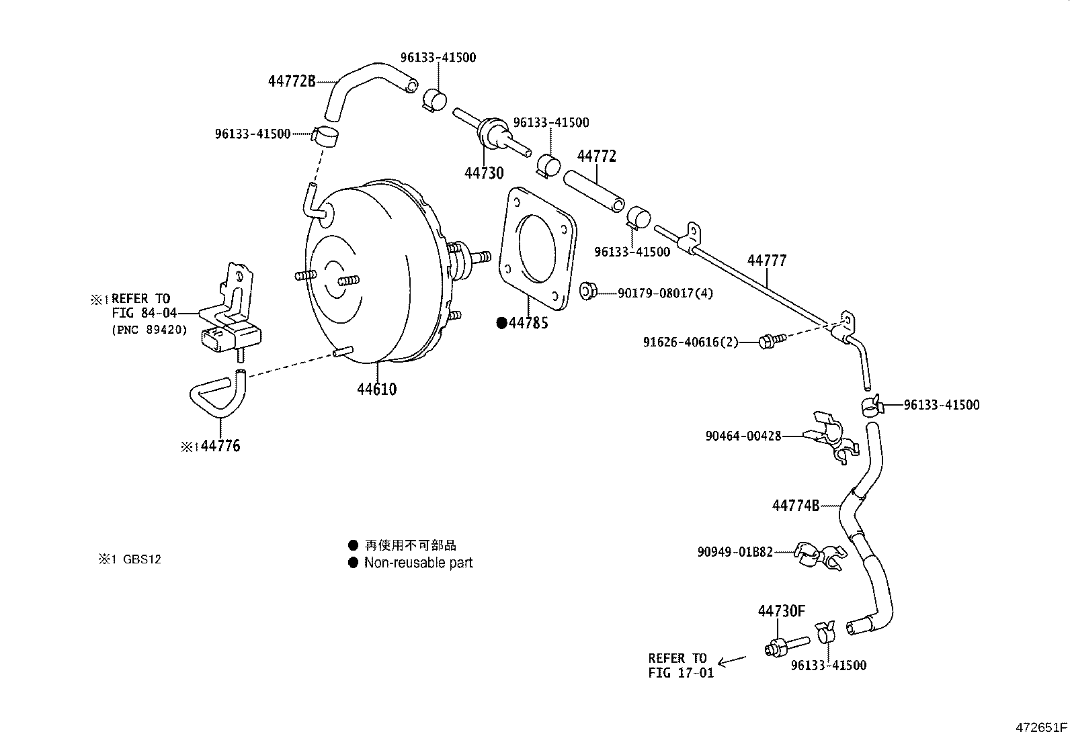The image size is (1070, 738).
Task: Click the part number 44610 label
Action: [x=376, y=389]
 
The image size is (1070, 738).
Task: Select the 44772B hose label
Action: [x=292, y=81]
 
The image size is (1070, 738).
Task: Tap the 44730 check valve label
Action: [x=483, y=173]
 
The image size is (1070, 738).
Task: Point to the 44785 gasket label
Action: [x=528, y=323]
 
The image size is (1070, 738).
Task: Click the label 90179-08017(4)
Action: [x=657, y=293]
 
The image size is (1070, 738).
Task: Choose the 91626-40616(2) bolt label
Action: [x=690, y=342]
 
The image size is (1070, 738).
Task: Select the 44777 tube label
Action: [x=767, y=261]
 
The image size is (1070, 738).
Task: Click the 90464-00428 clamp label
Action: [x=743, y=436]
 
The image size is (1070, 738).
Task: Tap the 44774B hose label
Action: [x=795, y=506]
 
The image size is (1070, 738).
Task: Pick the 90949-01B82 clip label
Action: [x=735, y=552]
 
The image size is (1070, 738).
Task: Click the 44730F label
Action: [x=781, y=611]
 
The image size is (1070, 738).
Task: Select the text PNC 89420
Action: [x=149, y=330]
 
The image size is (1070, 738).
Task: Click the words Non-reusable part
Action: [x=418, y=563]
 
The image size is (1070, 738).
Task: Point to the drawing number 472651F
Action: [x=1041, y=727]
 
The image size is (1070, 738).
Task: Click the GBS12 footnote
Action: [x=141, y=559]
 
